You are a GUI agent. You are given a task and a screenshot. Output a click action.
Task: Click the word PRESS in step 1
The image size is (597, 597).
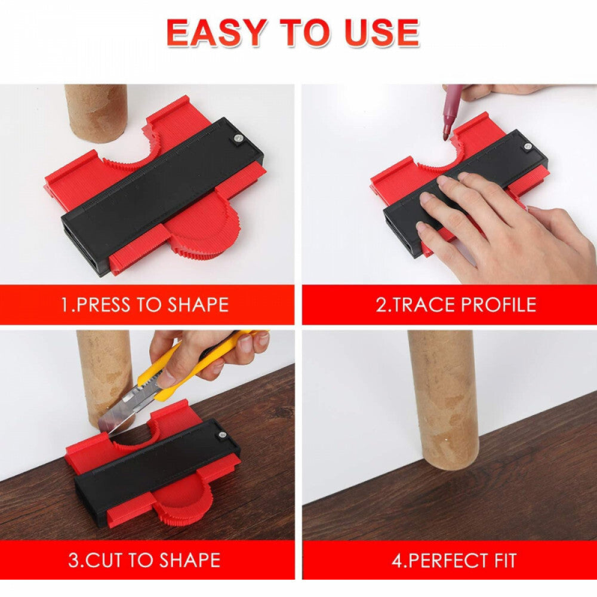(103, 304)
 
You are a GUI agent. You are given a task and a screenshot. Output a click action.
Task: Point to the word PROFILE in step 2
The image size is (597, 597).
(498, 304)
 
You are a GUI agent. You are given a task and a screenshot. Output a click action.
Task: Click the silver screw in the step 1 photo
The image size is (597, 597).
(238, 139)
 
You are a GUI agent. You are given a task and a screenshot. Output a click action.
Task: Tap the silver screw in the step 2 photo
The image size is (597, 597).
(528, 146)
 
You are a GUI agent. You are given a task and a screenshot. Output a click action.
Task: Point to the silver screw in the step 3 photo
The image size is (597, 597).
(221, 435)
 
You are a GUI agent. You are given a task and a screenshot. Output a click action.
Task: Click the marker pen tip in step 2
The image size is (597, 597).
(447, 135)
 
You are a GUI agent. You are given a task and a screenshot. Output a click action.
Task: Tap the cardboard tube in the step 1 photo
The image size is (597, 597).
(96, 113)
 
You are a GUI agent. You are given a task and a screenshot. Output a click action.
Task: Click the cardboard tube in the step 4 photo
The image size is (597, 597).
(444, 400)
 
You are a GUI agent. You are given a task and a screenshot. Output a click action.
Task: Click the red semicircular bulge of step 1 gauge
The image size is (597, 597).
(205, 226)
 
